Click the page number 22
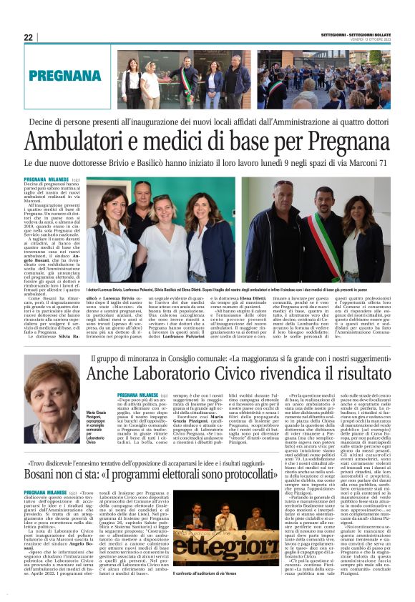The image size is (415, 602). tap(29, 37)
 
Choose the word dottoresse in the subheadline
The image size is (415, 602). tap(115, 163)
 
